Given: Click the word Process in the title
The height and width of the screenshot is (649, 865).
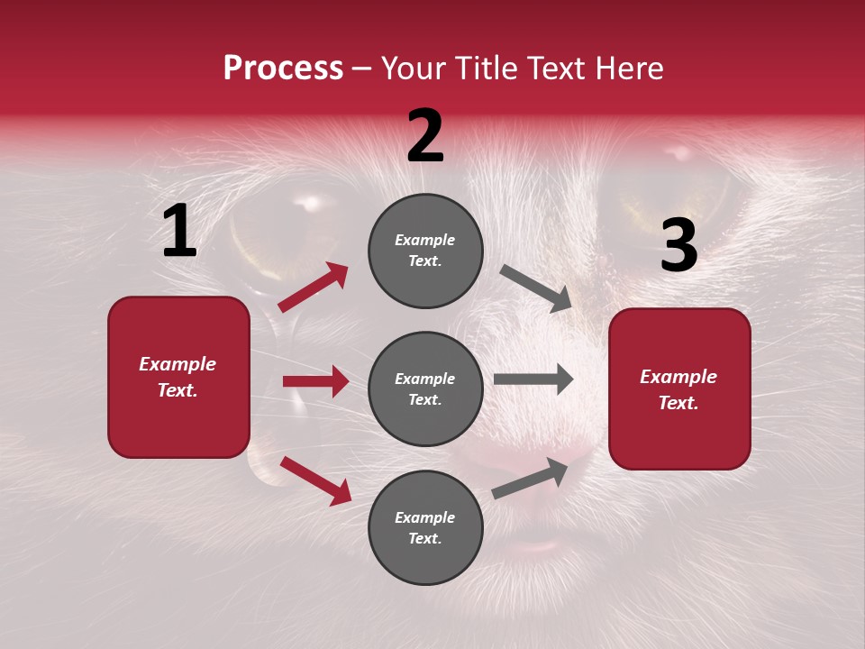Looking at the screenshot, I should click(x=283, y=69).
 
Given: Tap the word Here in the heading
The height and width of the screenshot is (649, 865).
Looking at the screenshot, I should click(x=625, y=69).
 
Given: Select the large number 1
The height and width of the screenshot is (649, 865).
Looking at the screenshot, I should click(x=179, y=232).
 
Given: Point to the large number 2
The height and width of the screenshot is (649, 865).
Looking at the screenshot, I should click(x=425, y=136).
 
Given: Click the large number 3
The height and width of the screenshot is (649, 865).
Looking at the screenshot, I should click(x=678, y=246).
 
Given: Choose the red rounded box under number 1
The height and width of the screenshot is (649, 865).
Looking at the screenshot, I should click(x=178, y=377).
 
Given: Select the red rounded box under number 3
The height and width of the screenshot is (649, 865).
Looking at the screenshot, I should click(x=679, y=389).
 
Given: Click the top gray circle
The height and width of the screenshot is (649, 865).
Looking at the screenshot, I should click(x=425, y=251).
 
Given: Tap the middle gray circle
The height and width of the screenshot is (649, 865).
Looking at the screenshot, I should click(x=425, y=388).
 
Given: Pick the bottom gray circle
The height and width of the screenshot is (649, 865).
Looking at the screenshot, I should click(x=425, y=527).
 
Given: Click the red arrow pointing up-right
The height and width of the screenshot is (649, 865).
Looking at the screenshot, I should click(x=313, y=288).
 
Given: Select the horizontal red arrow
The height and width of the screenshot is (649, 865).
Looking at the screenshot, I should click(x=315, y=381).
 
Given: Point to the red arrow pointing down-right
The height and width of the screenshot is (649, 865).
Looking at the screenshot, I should click(x=315, y=480).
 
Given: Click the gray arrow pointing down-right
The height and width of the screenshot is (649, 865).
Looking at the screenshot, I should click(x=536, y=288).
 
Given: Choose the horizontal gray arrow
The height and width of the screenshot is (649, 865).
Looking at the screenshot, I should click(x=533, y=379).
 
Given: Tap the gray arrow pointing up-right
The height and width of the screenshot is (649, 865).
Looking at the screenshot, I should click(x=531, y=478).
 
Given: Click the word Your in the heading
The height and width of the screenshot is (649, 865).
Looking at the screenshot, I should click(x=414, y=69).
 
